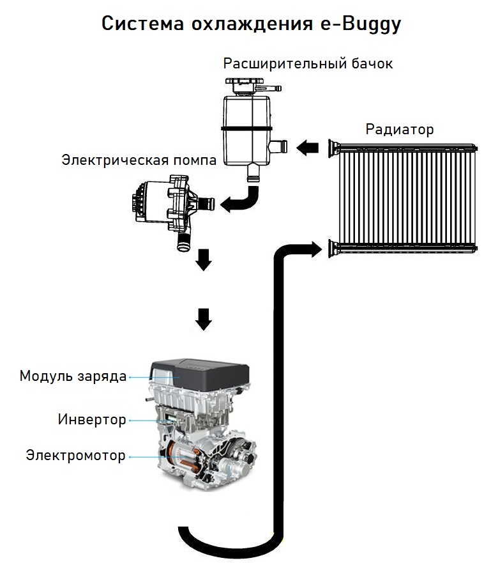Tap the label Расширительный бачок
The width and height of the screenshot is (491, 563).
click(308, 63)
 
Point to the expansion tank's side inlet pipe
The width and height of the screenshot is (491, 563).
click(278, 146)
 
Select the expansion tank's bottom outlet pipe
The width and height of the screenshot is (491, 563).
click(253, 173)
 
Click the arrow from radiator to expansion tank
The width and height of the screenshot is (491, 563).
click(307, 147)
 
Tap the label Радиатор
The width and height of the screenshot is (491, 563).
click(400, 129)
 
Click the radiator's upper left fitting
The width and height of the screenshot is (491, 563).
click(333, 148)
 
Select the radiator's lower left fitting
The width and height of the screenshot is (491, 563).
click(333, 248)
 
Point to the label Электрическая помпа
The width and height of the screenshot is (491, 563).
click(139, 160)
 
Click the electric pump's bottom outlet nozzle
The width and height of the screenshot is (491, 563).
click(184, 242)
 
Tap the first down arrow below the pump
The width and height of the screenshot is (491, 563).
click(203, 259)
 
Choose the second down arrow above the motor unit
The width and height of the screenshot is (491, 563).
click(203, 319)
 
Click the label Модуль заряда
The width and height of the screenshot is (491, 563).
click(73, 376)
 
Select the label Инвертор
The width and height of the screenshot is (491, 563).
click(92, 419)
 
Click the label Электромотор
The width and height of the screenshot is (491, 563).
click(76, 455)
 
